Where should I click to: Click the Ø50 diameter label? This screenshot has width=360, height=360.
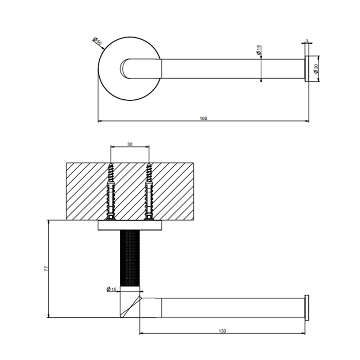coord(97,41)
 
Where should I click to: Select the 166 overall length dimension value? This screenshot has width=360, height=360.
coord(204,118)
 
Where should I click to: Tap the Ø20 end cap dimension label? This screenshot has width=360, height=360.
coord(316,68)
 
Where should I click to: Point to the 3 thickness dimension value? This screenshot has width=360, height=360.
coord(307,41)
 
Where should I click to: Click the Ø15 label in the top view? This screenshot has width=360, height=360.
coord(259,50)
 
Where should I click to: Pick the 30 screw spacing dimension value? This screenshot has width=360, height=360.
coord(130,144)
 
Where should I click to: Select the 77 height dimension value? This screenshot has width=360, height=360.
coord(46,269)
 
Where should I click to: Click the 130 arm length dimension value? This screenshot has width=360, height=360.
coord(222,331)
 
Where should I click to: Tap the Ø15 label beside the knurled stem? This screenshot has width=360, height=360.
coord(112,289)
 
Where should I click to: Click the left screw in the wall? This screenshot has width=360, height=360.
coord(111,191)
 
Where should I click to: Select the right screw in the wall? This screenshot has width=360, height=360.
coord(149,191)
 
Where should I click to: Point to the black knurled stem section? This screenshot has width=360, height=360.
coord(130,258)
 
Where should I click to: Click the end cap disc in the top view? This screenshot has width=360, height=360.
coord(307,68)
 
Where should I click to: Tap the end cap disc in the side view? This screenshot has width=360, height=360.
coord(307,308)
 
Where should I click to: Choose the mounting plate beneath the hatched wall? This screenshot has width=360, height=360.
coord(130,225)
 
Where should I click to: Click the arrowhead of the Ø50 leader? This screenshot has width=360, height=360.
coord(103,48)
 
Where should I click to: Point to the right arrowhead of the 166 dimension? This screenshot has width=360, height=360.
coord(307,121)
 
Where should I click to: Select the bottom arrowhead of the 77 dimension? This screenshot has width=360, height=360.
coord(48,316)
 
